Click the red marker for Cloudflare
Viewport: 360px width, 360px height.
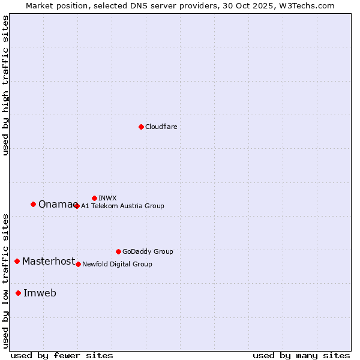141,127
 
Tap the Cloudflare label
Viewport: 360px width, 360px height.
161,127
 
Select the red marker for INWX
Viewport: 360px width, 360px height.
94,198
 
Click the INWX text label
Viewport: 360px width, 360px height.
107,198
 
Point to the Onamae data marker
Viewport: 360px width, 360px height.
33,204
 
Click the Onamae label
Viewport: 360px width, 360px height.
56,204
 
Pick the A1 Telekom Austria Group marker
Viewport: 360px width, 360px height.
77,206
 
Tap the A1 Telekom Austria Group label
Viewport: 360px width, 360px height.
122,206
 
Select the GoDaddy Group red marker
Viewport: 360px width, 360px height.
118,251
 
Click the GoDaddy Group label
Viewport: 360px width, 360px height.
148,251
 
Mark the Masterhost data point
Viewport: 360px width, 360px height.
17,261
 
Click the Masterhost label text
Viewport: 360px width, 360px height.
49,261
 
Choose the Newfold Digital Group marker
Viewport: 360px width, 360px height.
78,264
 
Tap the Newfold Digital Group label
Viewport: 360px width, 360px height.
117,264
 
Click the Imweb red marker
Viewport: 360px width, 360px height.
18,293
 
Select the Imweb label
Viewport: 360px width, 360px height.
40,293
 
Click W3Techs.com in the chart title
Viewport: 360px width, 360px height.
310,5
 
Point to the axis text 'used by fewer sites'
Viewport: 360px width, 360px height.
62,355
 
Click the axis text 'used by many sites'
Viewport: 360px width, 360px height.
301,355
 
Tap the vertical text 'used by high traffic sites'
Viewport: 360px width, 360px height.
5,85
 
